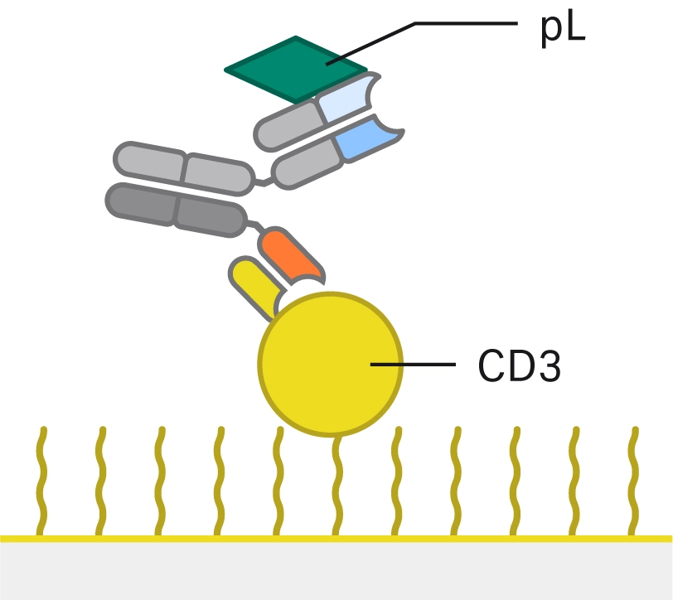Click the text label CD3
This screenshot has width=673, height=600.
[x=520, y=365]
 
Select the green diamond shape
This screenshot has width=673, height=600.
[x=296, y=70]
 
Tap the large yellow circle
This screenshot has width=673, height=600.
[x=332, y=363]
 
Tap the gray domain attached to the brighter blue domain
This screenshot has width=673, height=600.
[x=307, y=166]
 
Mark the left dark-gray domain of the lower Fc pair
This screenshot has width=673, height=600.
[x=142, y=202]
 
